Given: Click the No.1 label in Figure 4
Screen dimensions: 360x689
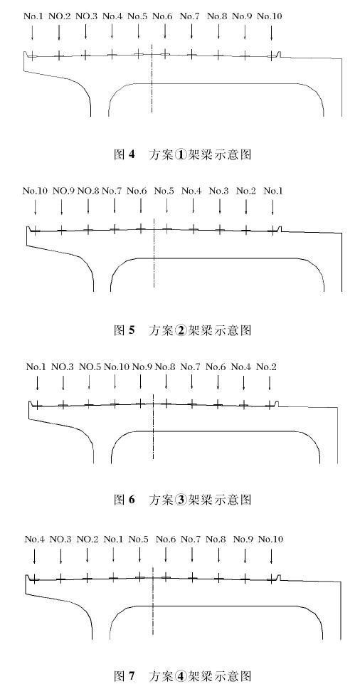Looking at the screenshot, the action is tap(33, 16).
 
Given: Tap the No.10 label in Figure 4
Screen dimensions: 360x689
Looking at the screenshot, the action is tap(270, 16).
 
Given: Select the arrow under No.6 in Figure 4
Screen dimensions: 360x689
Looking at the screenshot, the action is tap(165, 31).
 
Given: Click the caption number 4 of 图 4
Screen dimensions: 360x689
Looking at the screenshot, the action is tap(132, 154).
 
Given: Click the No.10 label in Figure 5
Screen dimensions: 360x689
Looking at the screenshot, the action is tap(35, 191).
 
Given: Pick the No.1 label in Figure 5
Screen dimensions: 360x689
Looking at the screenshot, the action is tap(273, 191).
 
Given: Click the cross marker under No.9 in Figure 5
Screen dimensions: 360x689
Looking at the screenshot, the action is tap(62, 229).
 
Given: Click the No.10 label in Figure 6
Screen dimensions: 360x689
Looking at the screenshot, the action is tap(117, 367).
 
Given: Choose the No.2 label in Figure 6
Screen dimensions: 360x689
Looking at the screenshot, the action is tap(267, 367).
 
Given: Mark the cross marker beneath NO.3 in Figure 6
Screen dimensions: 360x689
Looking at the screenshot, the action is tap(63, 405).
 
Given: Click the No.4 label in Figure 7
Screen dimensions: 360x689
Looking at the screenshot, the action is tap(34, 539).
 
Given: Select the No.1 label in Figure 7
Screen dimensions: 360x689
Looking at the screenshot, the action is tap(113, 539).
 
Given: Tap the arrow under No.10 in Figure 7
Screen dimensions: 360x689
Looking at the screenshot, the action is tap(271, 556).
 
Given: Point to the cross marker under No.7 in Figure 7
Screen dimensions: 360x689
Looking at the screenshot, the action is tap(192, 578).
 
